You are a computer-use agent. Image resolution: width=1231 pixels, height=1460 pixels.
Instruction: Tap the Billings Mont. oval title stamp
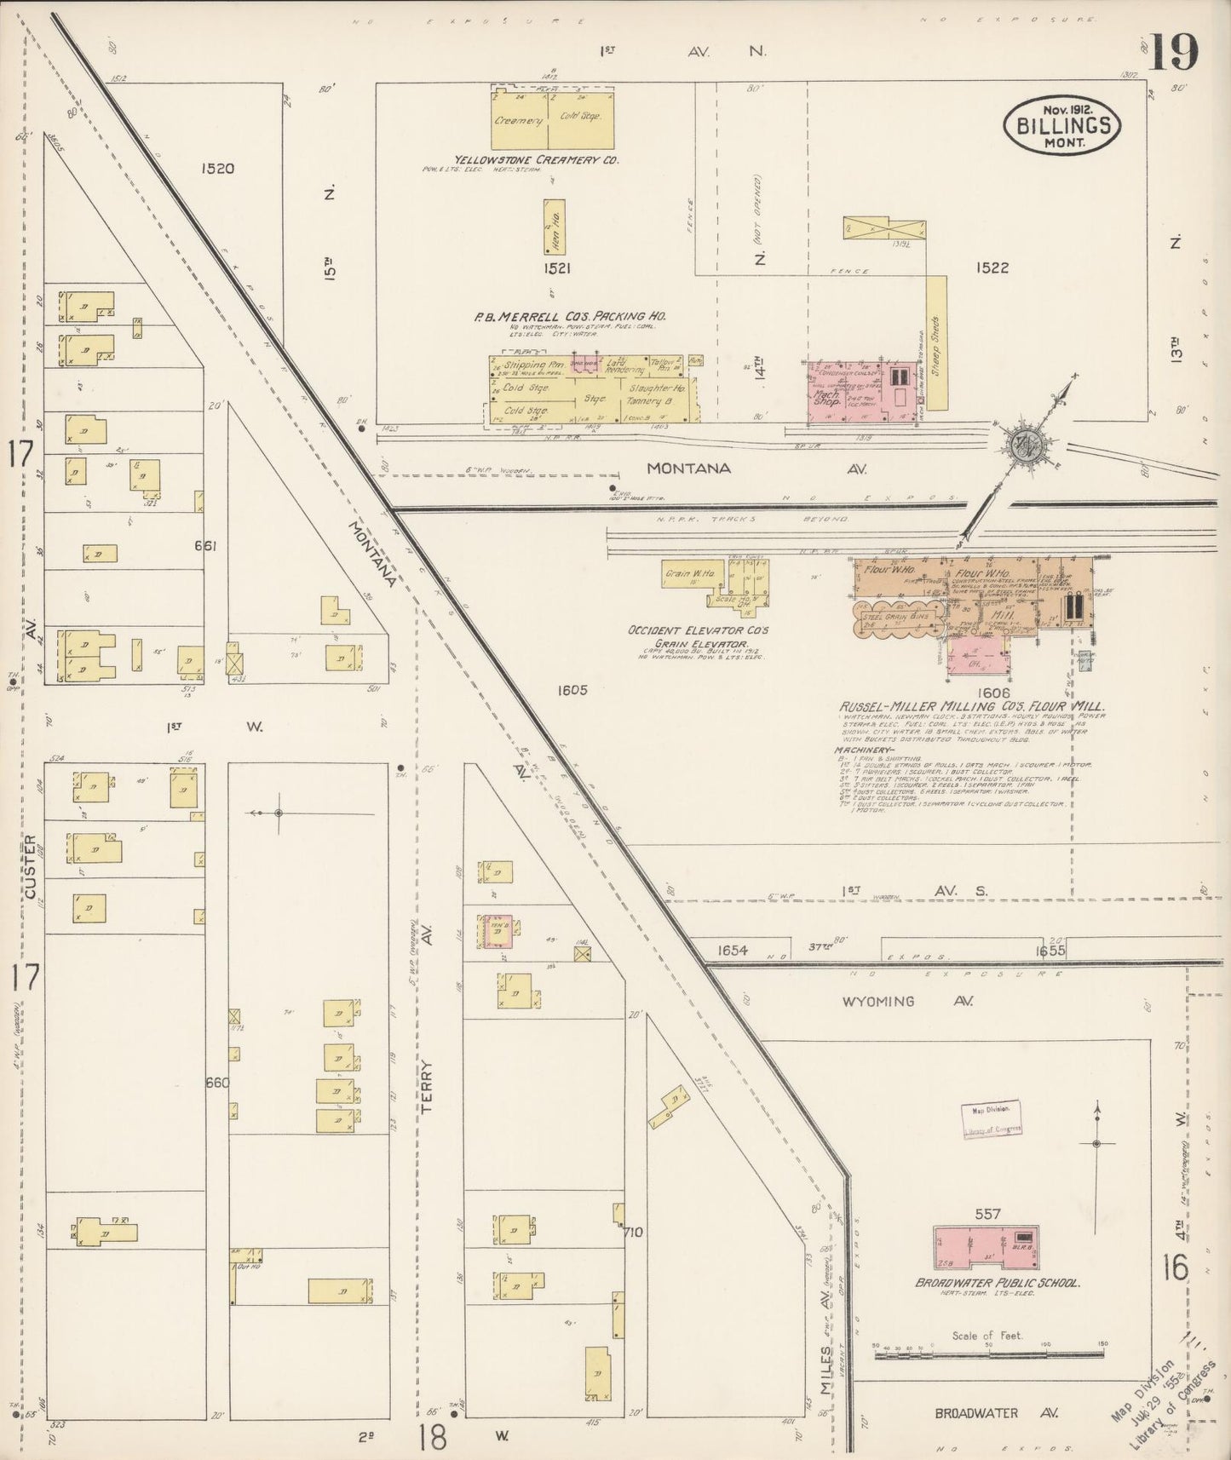[x=1062, y=126]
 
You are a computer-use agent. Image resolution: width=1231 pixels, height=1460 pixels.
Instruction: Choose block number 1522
[x=992, y=267]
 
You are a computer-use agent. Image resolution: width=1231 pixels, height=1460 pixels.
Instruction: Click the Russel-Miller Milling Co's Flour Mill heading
[x=971, y=706]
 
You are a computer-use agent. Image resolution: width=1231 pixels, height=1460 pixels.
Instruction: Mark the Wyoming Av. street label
[x=890, y=1001]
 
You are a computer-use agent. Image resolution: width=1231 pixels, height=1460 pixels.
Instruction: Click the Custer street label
[x=31, y=867]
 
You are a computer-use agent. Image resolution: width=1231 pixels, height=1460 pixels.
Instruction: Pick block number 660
[x=217, y=1083]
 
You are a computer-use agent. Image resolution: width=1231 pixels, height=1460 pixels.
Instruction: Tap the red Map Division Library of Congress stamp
[x=992, y=1119]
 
